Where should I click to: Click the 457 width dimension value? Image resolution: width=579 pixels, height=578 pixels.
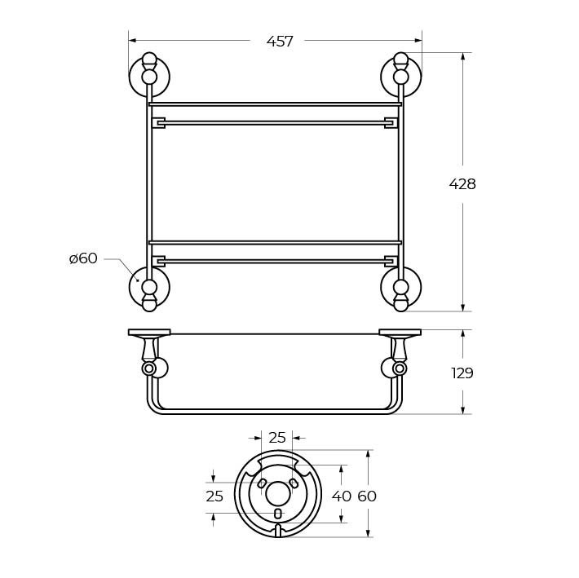[x=280, y=42]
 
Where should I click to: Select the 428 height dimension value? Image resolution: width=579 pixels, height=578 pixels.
[x=462, y=184]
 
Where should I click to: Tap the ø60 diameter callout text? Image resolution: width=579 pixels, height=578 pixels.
[x=83, y=258]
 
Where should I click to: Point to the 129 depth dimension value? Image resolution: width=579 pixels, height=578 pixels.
[x=462, y=373]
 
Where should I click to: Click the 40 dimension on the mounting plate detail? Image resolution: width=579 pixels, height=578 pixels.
[x=342, y=496]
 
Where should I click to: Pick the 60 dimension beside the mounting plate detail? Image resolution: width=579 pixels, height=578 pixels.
[x=367, y=496]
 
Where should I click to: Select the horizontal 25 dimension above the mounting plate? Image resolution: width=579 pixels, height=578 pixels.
[x=277, y=438]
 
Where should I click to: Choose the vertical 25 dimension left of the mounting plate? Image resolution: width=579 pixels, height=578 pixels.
[x=214, y=496]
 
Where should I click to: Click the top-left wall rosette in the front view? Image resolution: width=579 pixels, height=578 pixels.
[x=149, y=77]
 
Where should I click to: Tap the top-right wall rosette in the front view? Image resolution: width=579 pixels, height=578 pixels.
[x=400, y=77]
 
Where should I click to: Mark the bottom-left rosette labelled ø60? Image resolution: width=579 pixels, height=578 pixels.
[x=149, y=287]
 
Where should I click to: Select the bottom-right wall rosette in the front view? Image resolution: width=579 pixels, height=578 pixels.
[x=400, y=287]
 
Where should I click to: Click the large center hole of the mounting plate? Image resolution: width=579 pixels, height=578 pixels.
[x=278, y=492]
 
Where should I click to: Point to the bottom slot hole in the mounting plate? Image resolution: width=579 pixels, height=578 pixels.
[x=278, y=514]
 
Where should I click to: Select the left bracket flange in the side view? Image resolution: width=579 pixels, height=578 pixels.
[x=149, y=332]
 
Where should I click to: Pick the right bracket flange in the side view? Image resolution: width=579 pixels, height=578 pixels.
[x=400, y=332]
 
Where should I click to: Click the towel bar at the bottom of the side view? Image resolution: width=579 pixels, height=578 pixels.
[x=275, y=411]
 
